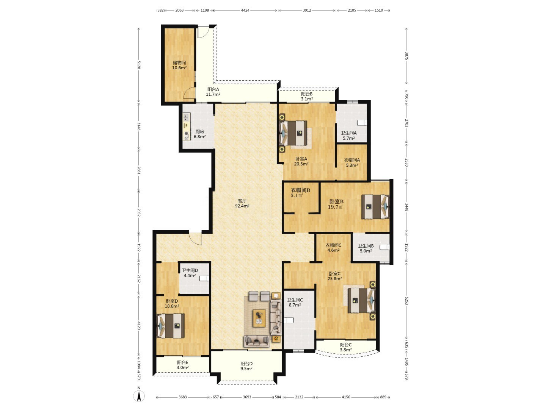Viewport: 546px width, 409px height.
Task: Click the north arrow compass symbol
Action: (x=139, y=395)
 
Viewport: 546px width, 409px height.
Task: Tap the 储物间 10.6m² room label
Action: (x=179, y=65)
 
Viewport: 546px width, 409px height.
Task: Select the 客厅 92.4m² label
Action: (x=242, y=203)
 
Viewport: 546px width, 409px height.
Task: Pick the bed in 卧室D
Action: (x=170, y=326)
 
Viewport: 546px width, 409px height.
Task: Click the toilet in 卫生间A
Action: (x=362, y=123)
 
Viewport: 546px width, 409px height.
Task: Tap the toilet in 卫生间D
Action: (x=204, y=278)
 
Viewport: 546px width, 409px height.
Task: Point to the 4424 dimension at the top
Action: (x=245, y=10)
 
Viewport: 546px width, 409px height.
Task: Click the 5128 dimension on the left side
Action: (x=139, y=65)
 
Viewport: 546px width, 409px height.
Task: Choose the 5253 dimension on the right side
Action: (x=406, y=301)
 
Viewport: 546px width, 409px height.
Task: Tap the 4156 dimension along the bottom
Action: (x=346, y=397)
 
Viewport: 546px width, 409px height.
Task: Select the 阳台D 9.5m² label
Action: (x=246, y=366)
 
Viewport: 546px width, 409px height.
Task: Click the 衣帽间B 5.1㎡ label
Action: (x=300, y=193)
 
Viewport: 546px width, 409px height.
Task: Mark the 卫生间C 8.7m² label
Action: (x=295, y=303)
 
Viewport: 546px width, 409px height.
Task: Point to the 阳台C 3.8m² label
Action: (x=346, y=347)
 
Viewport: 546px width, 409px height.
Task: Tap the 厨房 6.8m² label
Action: (x=200, y=134)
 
